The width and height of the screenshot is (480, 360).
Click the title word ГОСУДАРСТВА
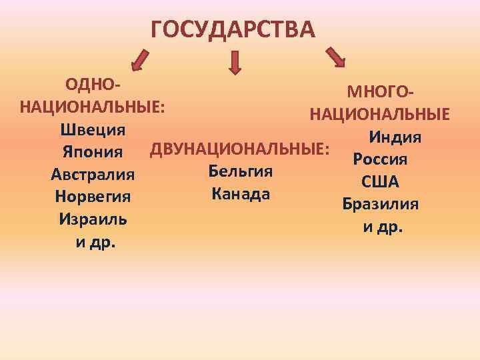[232, 30]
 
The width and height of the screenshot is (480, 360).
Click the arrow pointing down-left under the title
[141, 59]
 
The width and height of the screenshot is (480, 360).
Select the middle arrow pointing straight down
[235, 62]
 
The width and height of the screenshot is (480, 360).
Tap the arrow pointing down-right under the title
[335, 57]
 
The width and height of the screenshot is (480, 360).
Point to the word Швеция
[93, 129]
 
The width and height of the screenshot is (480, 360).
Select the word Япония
[93, 153]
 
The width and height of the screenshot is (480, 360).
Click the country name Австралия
[93, 175]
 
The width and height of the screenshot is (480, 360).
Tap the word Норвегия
[93, 197]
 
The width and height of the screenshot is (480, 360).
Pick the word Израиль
[93, 219]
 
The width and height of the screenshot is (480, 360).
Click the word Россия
[380, 159]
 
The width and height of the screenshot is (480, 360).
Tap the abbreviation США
[380, 182]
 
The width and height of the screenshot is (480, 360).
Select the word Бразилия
[380, 204]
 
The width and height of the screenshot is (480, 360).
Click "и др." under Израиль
[95, 242]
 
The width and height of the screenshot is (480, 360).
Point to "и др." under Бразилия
[383, 227]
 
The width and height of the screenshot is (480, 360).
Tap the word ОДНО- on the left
[93, 85]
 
